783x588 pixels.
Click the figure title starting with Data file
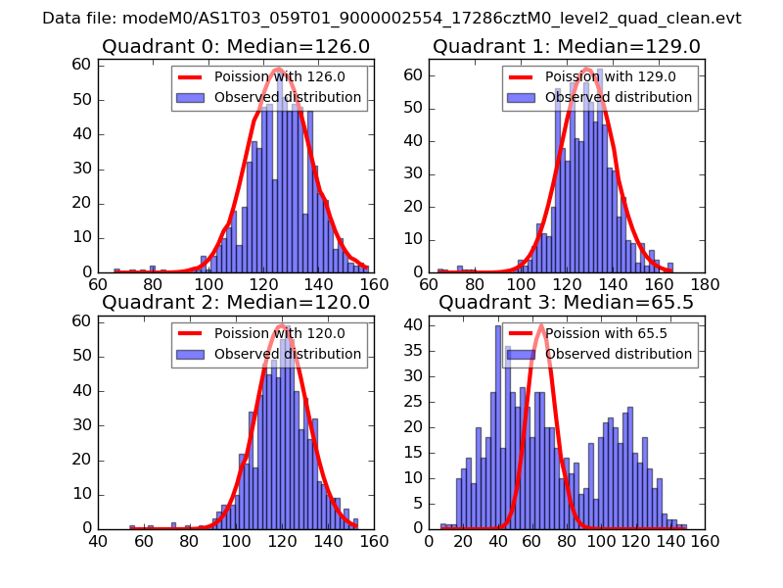click(391, 19)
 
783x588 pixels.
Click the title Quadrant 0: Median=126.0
click(236, 46)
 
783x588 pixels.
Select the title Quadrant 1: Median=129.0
click(567, 46)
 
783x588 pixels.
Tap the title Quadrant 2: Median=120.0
click(236, 302)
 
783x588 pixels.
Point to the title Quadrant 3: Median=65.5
click(567, 302)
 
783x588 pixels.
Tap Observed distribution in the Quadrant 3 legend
click(619, 353)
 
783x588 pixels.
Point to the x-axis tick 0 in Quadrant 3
click(429, 541)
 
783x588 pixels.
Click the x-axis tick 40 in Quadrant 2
click(98, 541)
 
